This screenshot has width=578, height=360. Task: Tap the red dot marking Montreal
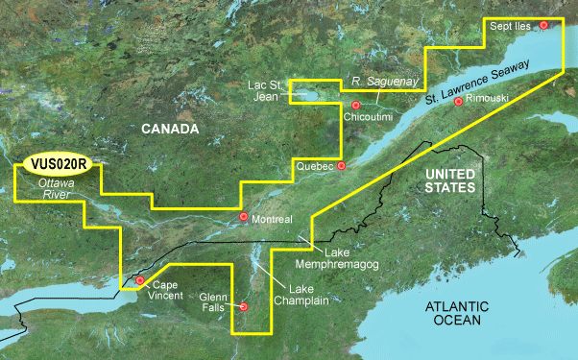tap(244, 217)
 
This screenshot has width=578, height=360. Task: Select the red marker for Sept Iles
tap(544, 25)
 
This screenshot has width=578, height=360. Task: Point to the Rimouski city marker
tap(459, 101)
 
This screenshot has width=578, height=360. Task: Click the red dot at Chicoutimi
tap(355, 105)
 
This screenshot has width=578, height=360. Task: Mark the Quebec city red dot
tap(339, 165)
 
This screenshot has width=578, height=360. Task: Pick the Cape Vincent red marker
tap(140, 281)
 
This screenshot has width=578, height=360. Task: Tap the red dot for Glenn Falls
tap(244, 306)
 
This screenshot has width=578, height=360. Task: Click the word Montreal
tap(274, 220)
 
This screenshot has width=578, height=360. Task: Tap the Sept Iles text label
tap(510, 26)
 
